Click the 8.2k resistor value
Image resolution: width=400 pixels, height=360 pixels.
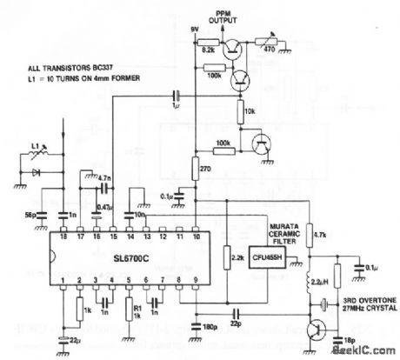click(x=209, y=51)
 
